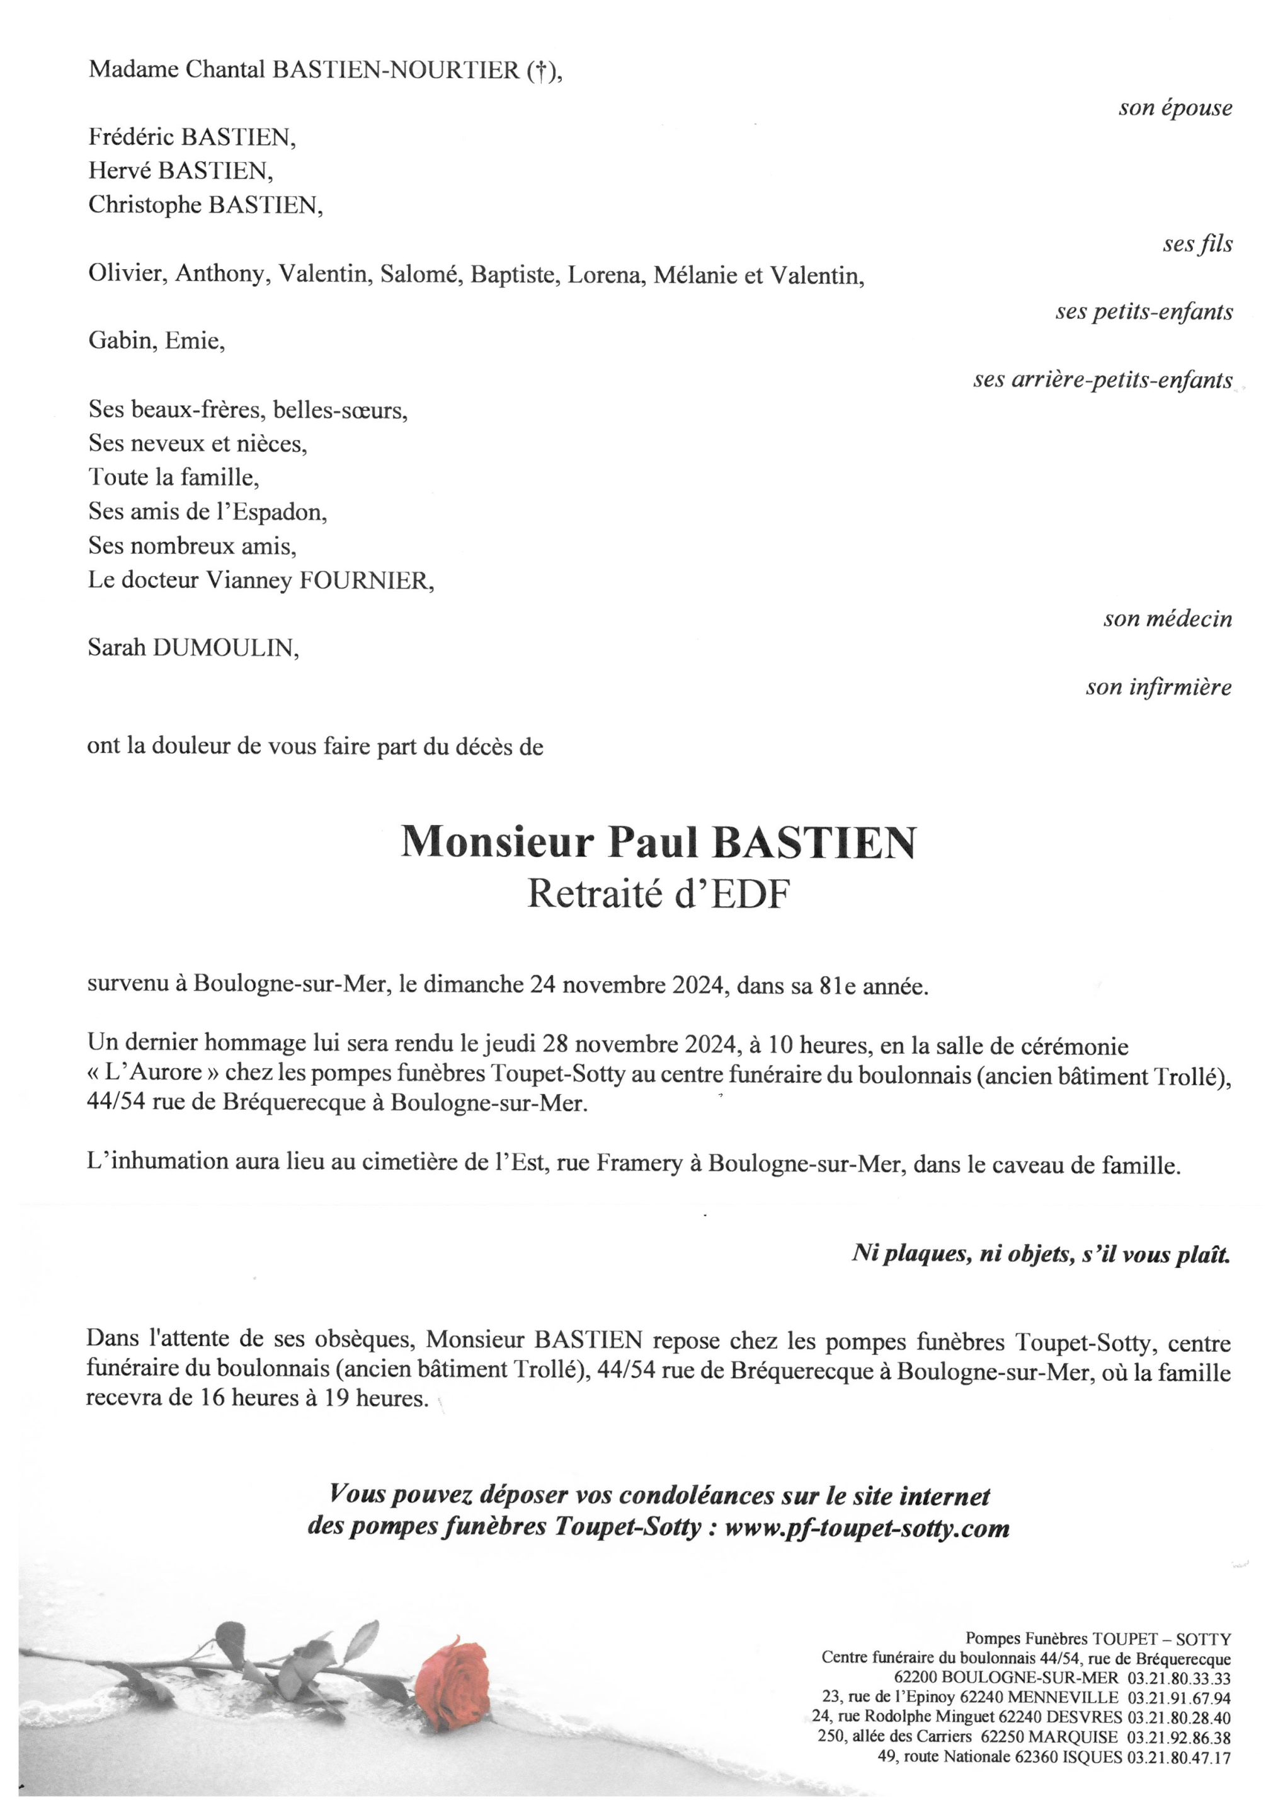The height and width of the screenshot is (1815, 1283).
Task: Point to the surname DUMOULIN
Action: pos(225,649)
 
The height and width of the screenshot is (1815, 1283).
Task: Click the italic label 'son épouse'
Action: pos(1175,108)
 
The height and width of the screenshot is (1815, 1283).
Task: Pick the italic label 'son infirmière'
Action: pos(1158,687)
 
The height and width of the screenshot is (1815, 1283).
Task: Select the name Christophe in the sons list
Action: pos(145,205)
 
